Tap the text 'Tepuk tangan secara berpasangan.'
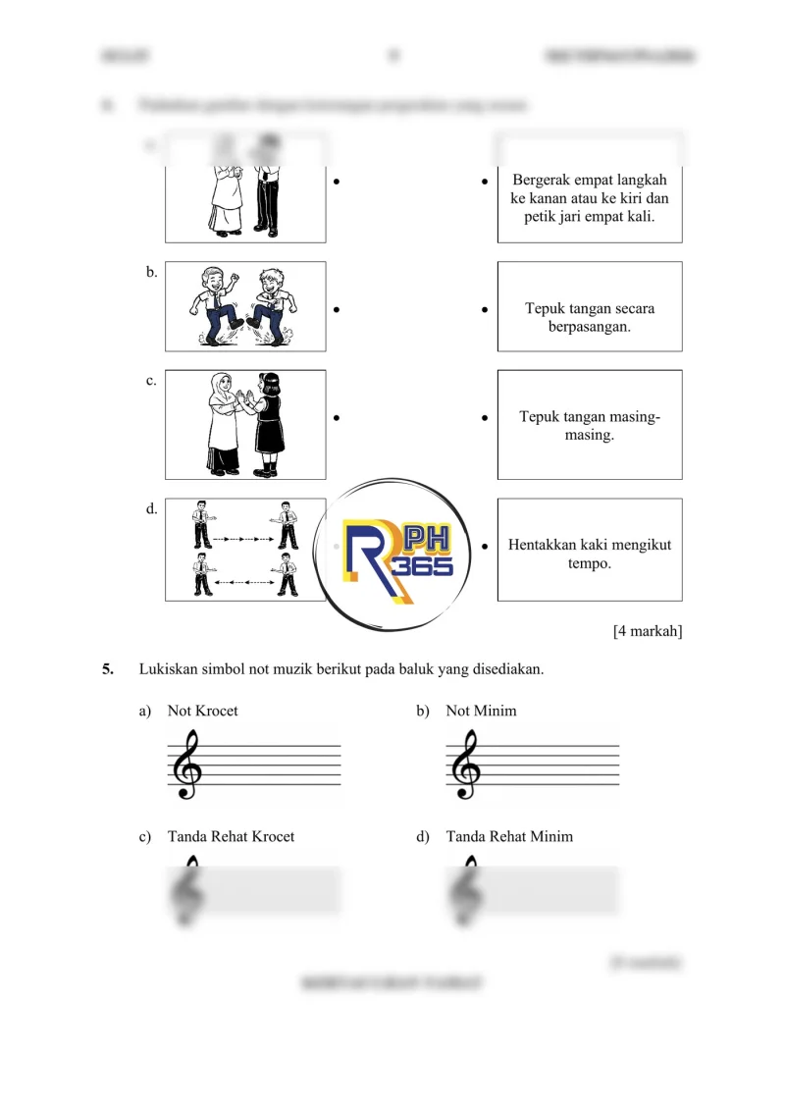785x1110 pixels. tap(589, 317)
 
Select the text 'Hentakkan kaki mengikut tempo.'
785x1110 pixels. tap(589, 555)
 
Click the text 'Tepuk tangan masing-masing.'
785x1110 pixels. tap(589, 426)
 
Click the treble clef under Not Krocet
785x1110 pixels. tap(186, 766)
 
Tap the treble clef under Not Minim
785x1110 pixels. tap(465, 766)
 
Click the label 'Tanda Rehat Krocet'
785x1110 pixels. tap(231, 836)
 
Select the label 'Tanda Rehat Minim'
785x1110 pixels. tap(509, 836)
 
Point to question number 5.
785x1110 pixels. tap(108, 669)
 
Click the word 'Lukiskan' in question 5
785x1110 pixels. tap(167, 669)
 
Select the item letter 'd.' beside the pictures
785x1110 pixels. tap(151, 509)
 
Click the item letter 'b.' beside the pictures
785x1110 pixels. tap(151, 273)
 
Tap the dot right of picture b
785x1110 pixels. tap(337, 309)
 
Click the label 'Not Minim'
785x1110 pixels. tap(481, 711)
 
